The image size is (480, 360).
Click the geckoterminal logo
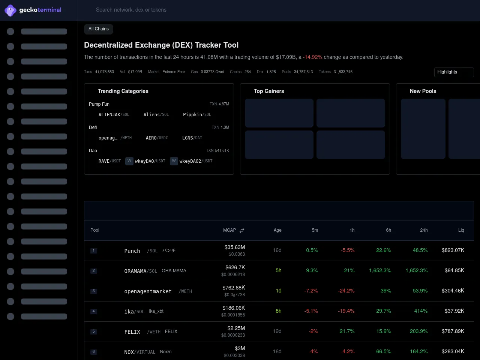(33, 10)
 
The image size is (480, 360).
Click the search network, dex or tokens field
(131, 10)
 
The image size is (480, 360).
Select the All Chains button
(99, 29)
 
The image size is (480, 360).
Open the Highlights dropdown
(454, 72)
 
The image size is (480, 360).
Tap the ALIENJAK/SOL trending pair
(114, 115)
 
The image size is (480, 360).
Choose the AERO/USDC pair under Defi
(157, 138)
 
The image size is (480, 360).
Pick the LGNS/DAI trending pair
(192, 138)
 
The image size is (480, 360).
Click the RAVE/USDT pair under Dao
(109, 161)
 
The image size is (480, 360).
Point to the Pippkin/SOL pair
(197, 115)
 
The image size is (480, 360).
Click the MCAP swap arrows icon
(242, 231)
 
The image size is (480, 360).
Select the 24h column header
(424, 230)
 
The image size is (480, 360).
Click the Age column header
(277, 230)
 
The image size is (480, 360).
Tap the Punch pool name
(132, 251)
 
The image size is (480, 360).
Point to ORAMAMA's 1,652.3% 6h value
(380, 270)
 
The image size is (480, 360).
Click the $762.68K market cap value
(234, 288)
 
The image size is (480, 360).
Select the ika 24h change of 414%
(421, 311)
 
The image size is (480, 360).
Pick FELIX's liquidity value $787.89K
(453, 331)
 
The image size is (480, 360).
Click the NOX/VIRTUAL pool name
(139, 352)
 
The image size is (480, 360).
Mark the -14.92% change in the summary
(313, 57)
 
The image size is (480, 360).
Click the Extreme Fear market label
(174, 72)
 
